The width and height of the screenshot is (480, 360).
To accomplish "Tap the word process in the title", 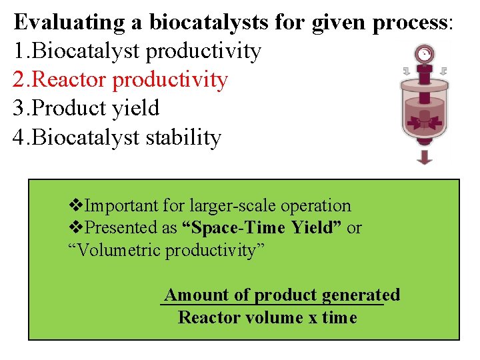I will pyautogui.click(x=410, y=23).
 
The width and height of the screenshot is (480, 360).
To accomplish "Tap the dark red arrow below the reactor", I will pyautogui.click(x=424, y=157).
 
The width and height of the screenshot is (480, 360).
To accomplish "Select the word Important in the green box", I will pyautogui.click(x=118, y=206).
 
